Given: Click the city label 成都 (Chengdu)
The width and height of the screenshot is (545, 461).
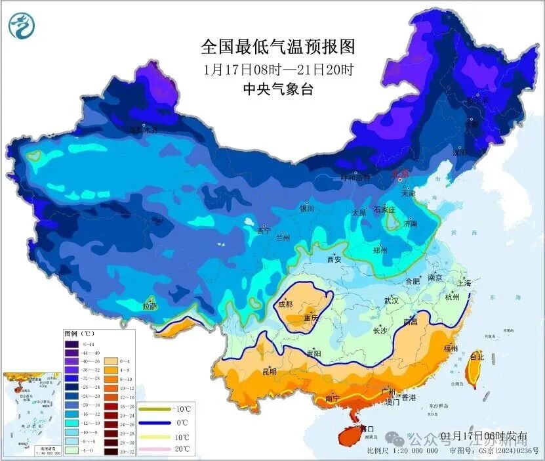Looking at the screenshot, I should [285, 304].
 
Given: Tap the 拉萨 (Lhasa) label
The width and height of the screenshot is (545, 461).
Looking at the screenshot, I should [150, 305].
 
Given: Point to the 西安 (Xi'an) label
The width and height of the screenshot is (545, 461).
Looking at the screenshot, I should [334, 259].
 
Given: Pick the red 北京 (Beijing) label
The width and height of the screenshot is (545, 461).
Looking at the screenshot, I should [400, 174].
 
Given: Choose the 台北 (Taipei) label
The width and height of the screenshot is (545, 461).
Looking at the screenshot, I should [477, 357].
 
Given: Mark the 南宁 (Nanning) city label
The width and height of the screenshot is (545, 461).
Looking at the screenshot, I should [333, 399].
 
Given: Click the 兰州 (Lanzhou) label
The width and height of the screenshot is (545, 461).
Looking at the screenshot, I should [283, 236].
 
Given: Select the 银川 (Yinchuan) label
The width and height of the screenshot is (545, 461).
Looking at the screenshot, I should [307, 208].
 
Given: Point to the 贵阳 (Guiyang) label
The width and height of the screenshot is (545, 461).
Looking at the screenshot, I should [314, 353].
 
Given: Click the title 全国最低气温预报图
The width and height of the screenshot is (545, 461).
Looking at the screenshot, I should [277, 47].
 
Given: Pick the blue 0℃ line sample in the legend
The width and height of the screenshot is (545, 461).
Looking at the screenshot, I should [155, 424].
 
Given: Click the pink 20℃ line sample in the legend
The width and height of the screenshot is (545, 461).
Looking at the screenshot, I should [155, 449].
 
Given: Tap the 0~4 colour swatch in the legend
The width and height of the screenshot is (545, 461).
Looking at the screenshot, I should [109, 361].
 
